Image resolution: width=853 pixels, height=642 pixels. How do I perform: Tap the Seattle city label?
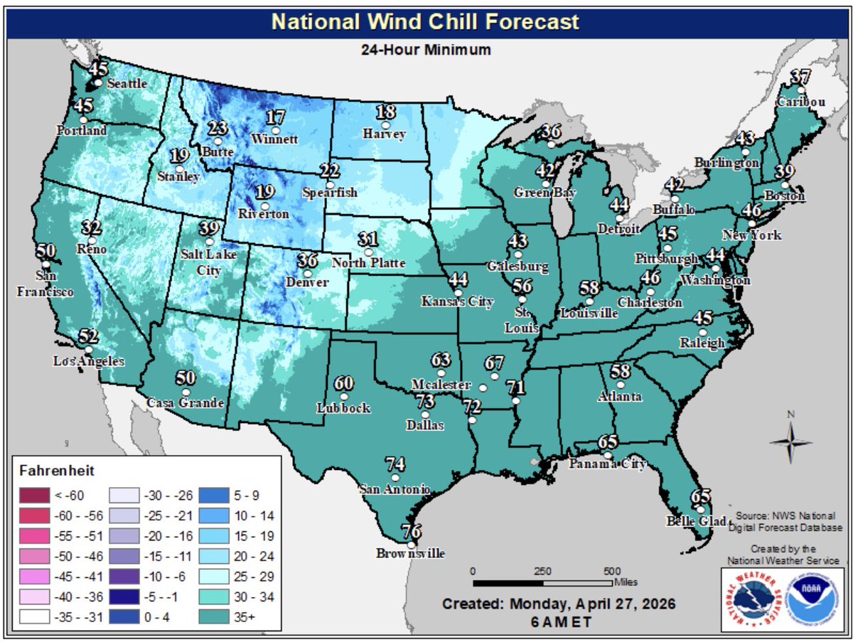[127, 83]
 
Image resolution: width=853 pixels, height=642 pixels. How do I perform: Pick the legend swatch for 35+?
[212, 617]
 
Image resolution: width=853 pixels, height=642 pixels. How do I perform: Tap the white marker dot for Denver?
[308, 273]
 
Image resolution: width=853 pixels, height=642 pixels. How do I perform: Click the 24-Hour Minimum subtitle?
[426, 50]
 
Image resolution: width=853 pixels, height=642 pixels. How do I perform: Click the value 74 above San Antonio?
[395, 464]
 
